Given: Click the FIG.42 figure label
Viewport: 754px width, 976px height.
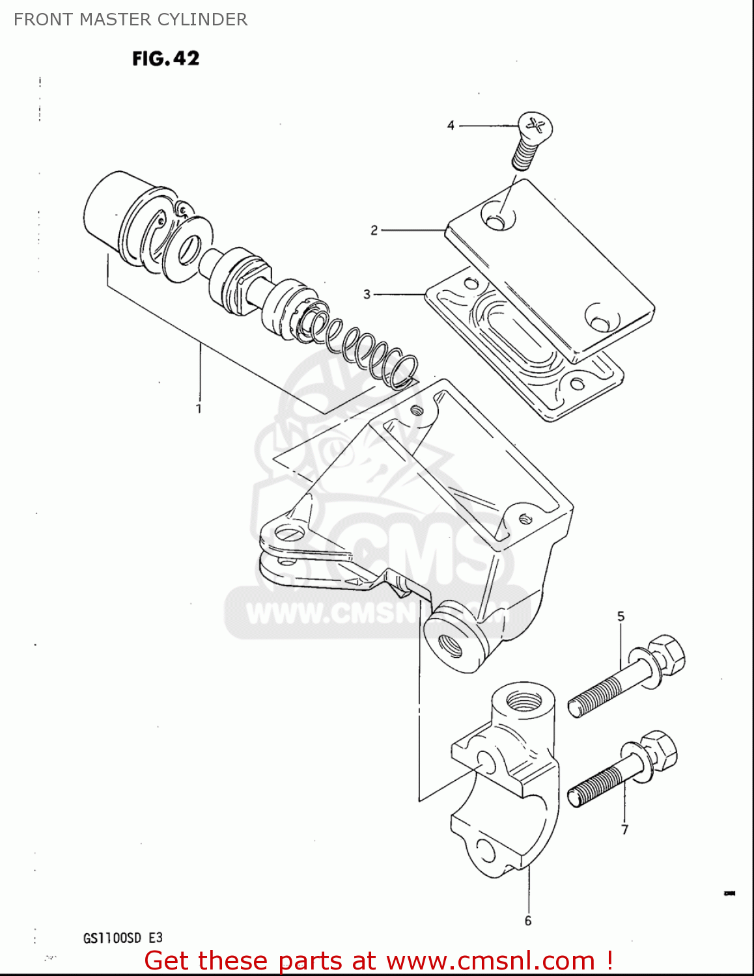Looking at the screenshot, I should point(165,59).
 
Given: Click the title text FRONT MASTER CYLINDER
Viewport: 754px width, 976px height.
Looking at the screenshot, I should point(130,20).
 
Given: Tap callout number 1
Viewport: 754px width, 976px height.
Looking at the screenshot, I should point(199,409).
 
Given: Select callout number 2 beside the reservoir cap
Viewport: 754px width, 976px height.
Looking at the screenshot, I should point(374,230).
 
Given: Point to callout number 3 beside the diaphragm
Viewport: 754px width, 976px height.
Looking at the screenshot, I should point(367,294).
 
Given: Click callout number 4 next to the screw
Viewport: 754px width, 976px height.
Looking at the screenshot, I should point(451,125).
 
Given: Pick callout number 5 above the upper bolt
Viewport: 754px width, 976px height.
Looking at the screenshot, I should point(621,616).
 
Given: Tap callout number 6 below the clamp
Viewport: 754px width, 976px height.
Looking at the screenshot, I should point(527,920).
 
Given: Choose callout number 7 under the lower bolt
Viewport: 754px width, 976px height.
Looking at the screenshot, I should point(624,830).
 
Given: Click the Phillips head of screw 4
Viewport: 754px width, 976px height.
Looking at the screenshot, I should point(536,124).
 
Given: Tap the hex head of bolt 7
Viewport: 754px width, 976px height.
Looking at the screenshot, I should point(660,749).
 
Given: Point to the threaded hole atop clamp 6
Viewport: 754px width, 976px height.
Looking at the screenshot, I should point(524,701).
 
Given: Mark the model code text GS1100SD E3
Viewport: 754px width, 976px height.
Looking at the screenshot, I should point(123,938).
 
